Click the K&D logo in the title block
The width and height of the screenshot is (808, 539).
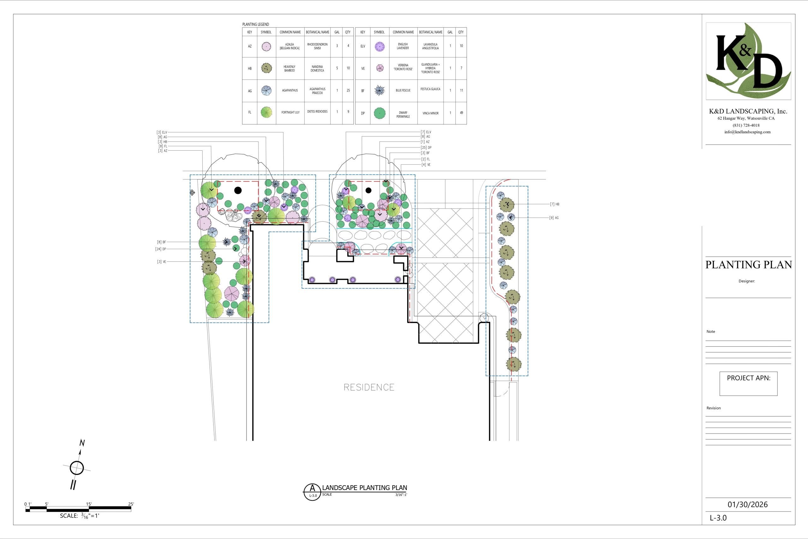(x=748, y=61)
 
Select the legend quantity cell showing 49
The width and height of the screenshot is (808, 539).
(x=461, y=113)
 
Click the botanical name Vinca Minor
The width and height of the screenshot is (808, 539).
(x=431, y=113)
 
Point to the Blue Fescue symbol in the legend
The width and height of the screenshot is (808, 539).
(x=379, y=90)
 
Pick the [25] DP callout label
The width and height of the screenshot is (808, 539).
(x=426, y=147)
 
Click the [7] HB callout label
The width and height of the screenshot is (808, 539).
(x=555, y=204)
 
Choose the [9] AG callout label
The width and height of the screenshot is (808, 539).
(x=554, y=218)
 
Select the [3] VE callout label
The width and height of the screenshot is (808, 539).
(x=162, y=261)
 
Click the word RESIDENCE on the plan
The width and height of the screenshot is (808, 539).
(x=369, y=387)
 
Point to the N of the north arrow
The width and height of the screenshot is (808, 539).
(x=82, y=443)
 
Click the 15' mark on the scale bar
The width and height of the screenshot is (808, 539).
(x=89, y=504)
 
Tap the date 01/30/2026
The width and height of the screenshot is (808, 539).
(x=747, y=504)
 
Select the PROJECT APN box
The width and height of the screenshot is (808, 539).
(x=749, y=384)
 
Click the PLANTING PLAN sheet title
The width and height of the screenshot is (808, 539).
(x=749, y=265)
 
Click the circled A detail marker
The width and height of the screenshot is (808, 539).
(x=312, y=492)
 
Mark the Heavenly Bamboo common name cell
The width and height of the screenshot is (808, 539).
(x=290, y=69)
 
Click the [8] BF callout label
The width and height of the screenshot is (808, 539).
(x=162, y=242)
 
